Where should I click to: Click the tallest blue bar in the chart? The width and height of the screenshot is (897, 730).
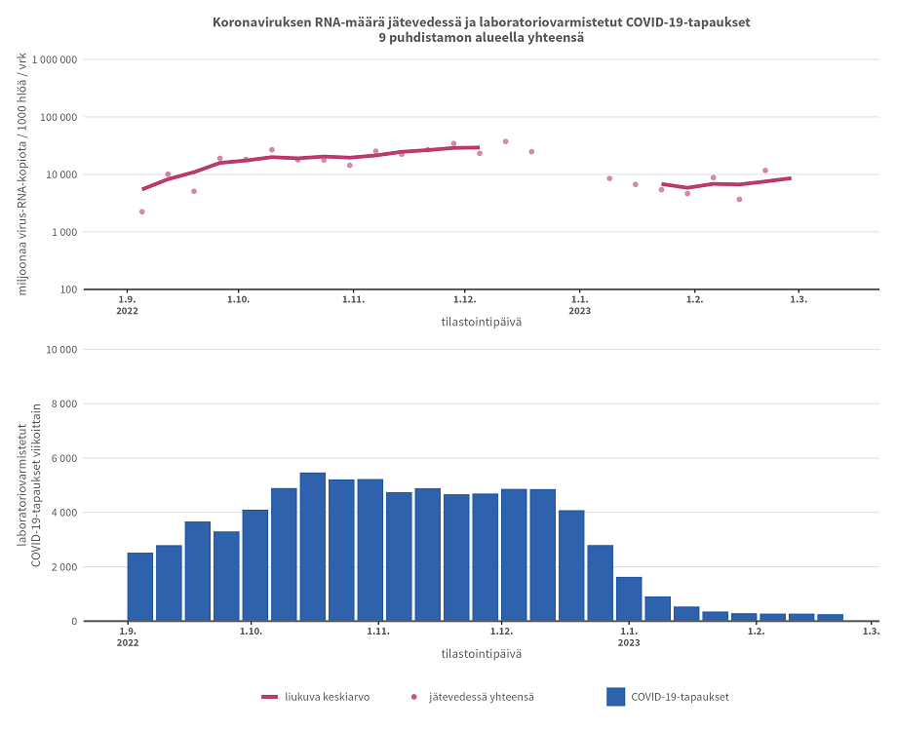coord(312,546)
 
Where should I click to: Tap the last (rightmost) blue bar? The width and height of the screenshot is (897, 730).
coord(830,617)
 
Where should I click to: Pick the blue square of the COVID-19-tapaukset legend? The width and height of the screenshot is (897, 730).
coord(615,697)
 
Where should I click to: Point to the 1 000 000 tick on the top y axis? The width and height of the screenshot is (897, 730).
coord(55,60)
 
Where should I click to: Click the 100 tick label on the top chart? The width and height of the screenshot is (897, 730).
coord(68,289)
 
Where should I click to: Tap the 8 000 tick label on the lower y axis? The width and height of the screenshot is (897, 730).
coord(61,403)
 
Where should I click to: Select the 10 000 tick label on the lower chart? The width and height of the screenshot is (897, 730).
coord(58,350)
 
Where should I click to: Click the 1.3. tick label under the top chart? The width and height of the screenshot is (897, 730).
coord(799,299)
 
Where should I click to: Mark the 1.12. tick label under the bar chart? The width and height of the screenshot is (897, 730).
coord(500,632)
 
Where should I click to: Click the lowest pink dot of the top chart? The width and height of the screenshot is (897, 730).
coord(141,211)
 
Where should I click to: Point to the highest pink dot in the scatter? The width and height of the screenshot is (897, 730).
coord(505,141)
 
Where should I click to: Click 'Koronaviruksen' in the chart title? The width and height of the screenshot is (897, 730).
coord(255,21)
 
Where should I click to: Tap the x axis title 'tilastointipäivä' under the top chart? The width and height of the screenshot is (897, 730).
coord(481,323)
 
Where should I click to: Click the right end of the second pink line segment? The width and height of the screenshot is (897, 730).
coord(790,178)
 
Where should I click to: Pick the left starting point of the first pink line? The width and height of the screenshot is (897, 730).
coord(142,189)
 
